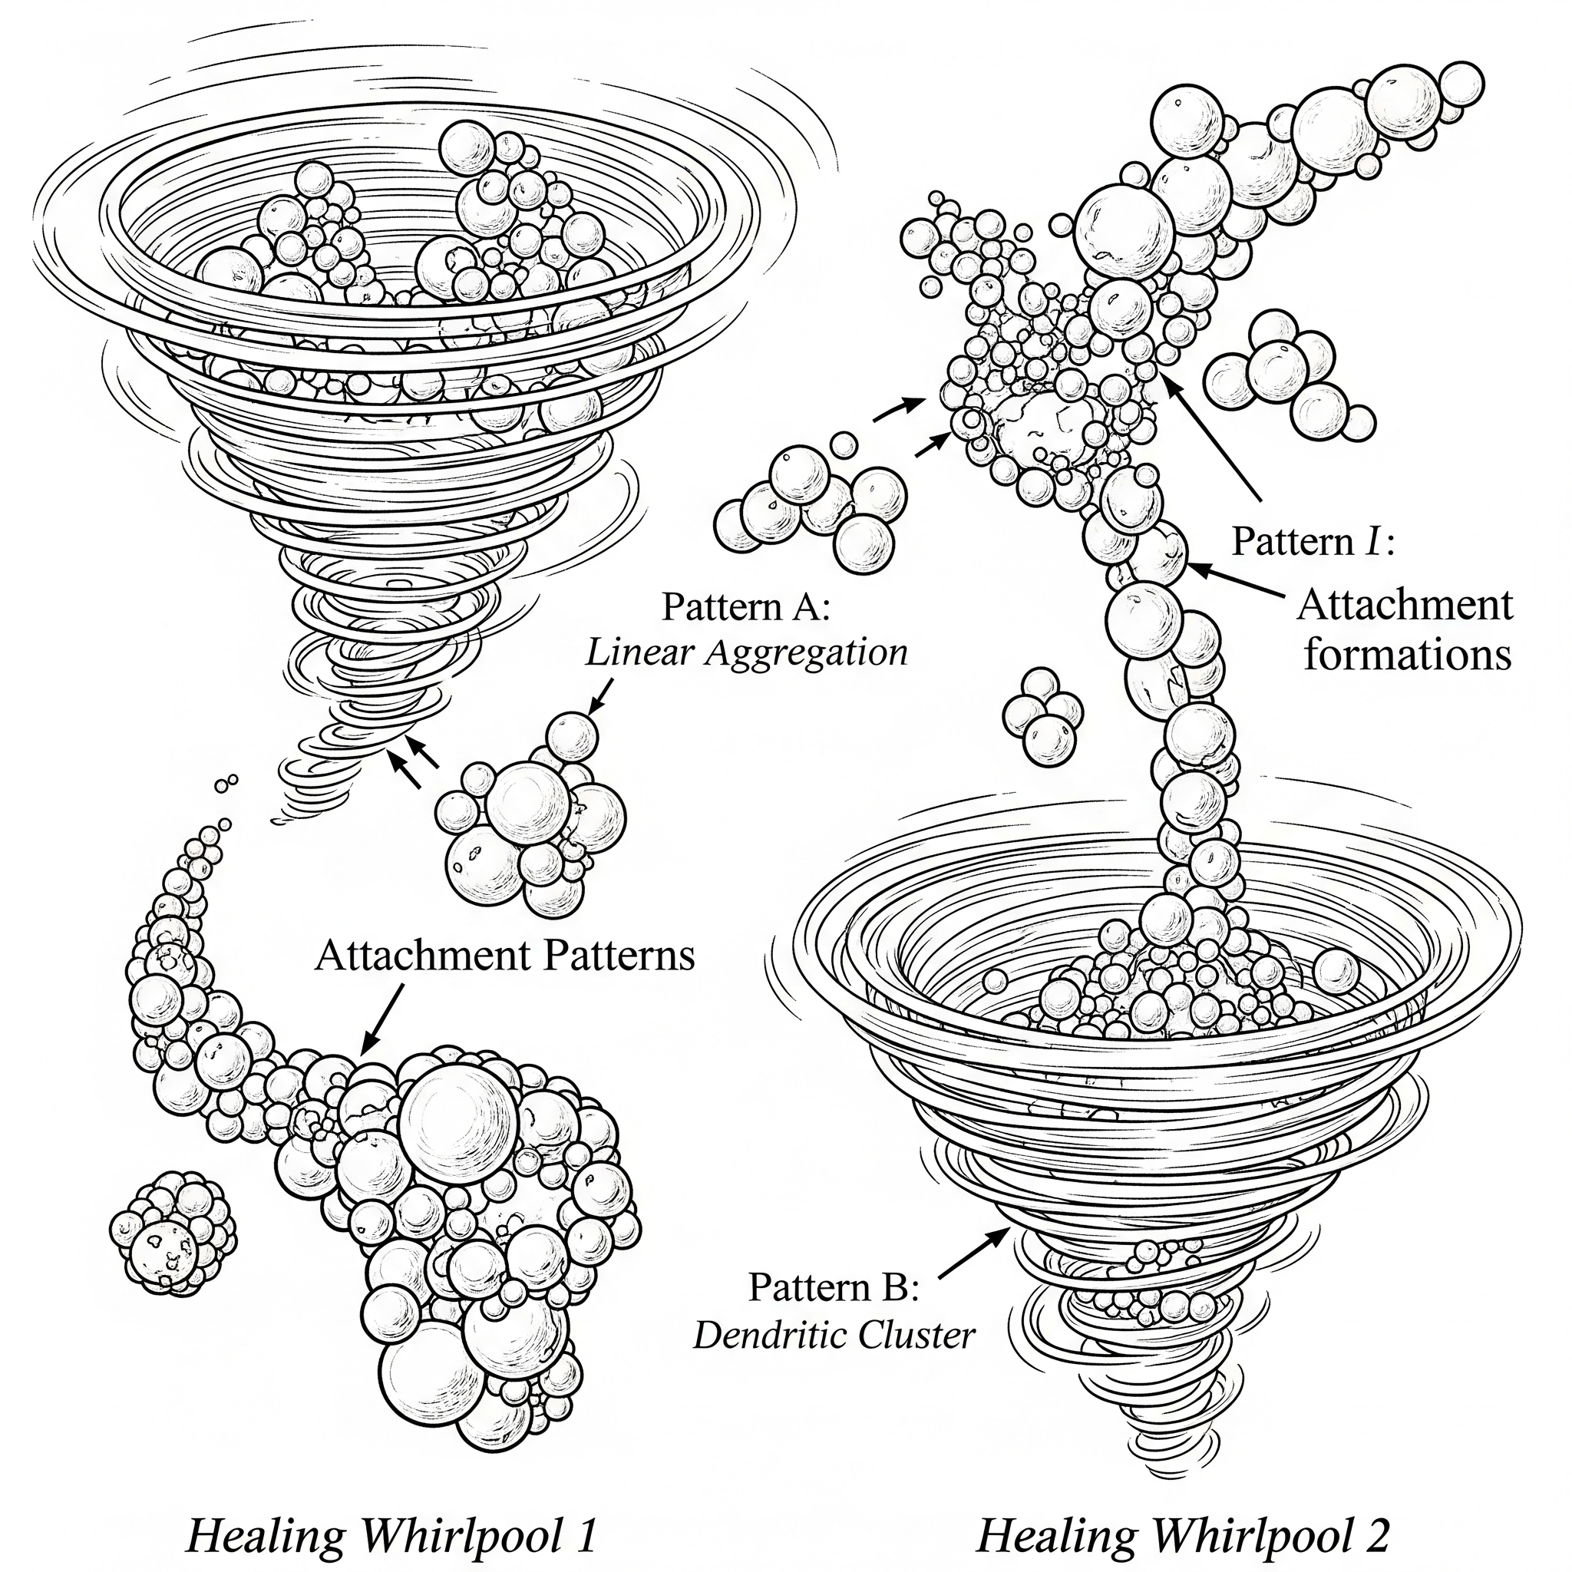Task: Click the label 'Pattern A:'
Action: click(745, 607)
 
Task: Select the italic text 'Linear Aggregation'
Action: click(745, 653)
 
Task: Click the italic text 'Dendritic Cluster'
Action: click(833, 1336)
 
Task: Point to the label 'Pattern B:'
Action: click(833, 1287)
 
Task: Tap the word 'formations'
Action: click(1407, 655)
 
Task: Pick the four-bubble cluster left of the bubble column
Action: click(1042, 717)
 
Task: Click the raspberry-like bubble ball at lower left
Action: click(173, 1233)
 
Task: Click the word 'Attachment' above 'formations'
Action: click(1405, 606)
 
